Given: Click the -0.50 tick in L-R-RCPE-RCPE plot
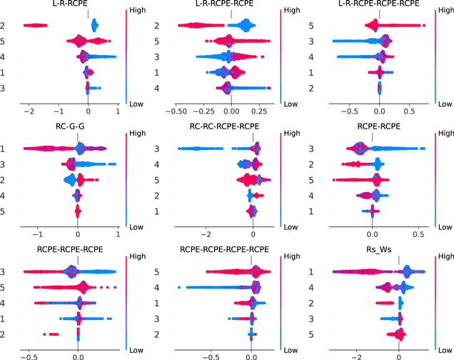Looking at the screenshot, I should pos(176,112).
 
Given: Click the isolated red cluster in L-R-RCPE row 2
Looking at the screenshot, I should pos(36,26).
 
